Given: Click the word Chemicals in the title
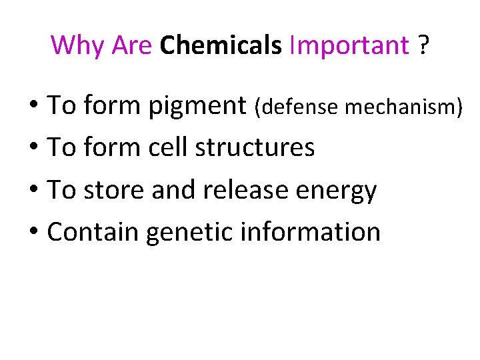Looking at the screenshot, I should point(221,45).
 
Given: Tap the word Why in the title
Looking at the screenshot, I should point(78,45).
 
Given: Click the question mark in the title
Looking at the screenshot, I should point(423,45).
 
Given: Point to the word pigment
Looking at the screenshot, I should point(197,106).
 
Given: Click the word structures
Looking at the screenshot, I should point(255,147).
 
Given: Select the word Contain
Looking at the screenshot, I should point(93,232).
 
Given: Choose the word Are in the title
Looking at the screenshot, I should point(133,45).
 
